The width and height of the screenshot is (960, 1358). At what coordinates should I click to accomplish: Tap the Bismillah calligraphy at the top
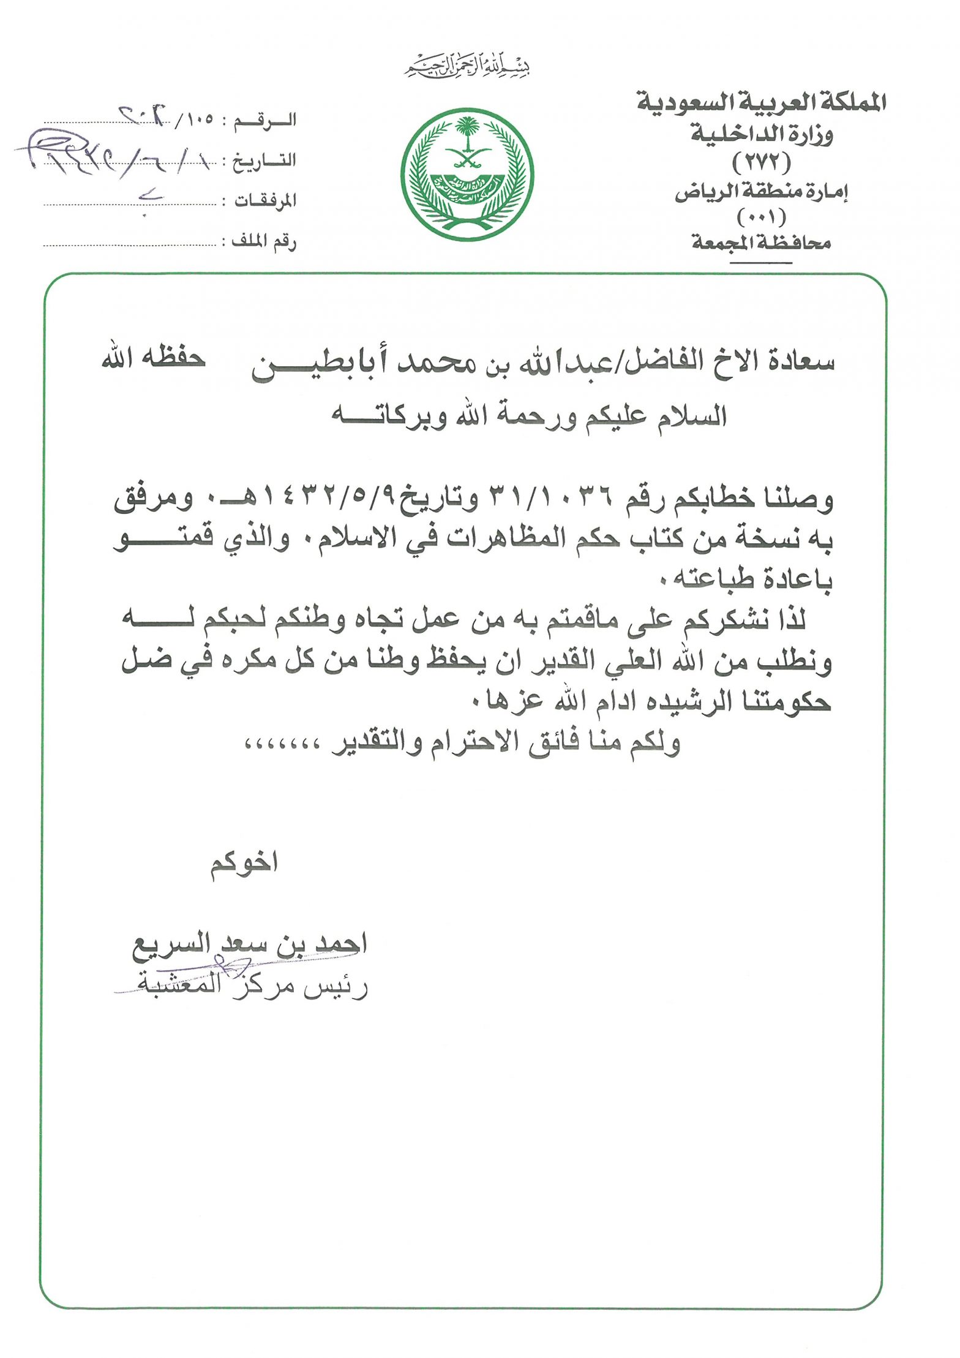click(x=467, y=67)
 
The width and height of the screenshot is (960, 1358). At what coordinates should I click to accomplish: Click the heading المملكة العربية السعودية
click(x=762, y=103)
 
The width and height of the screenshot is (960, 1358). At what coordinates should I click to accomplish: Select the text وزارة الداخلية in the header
click(x=762, y=134)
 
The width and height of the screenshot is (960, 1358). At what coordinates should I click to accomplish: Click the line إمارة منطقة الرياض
click(x=762, y=193)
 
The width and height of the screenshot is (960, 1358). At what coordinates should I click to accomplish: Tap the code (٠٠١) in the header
click(x=762, y=217)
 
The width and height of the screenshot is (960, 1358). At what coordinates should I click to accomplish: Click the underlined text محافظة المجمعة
click(x=762, y=243)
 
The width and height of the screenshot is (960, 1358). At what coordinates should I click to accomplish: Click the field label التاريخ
click(x=265, y=160)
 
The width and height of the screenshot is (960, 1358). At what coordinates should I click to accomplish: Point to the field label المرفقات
click(x=265, y=201)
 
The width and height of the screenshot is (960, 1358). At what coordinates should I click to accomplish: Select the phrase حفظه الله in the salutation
click(x=153, y=359)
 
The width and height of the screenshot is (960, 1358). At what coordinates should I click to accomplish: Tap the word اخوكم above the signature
click(x=244, y=864)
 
